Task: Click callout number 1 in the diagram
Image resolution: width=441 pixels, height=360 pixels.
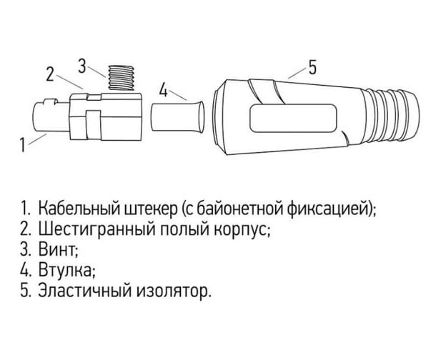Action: (22, 145)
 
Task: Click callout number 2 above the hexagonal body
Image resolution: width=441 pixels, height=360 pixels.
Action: (50, 74)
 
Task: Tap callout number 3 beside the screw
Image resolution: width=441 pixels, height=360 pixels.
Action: (82, 66)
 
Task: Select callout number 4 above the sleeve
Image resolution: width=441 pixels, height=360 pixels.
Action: (164, 90)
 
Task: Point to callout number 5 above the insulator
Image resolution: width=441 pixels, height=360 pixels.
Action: (312, 67)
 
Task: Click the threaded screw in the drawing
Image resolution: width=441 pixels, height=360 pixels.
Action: (122, 79)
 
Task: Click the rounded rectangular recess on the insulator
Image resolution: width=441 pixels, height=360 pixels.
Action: (293, 118)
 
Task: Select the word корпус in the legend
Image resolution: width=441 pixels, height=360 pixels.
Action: (242, 231)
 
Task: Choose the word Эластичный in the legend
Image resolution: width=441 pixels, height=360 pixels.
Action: (84, 291)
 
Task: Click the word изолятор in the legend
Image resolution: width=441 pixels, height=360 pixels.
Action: (174, 291)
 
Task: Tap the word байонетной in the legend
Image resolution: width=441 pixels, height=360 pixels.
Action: (237, 209)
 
